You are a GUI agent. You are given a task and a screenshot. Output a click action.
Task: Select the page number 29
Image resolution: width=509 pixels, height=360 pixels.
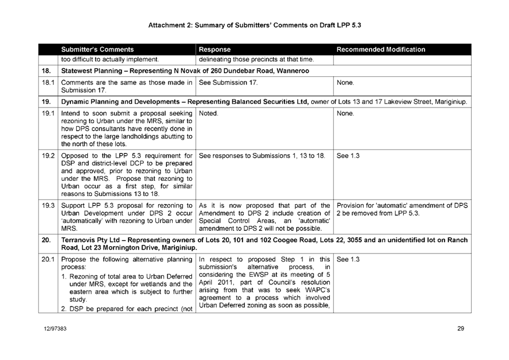[x=461, y=329]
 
